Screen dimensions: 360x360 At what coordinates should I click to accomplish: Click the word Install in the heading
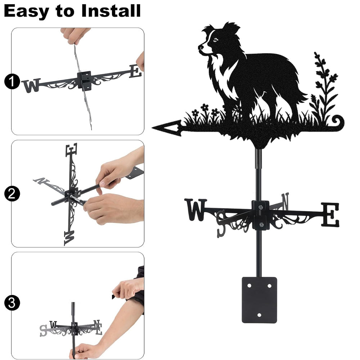[x=111, y=11]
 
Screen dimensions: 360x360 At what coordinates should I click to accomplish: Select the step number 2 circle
[x=12, y=194]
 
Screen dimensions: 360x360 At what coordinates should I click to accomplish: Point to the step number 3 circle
[x=12, y=303]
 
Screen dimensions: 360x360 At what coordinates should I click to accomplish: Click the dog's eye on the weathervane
[x=215, y=40]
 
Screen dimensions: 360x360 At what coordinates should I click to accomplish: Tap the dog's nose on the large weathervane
[x=200, y=47]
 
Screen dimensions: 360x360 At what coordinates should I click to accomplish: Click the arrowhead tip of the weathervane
[x=152, y=127]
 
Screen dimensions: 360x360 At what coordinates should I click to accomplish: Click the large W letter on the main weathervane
[x=195, y=210]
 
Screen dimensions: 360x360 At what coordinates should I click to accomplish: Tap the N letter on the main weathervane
[x=285, y=201]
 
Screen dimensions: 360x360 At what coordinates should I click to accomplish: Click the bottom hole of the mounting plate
[x=259, y=315]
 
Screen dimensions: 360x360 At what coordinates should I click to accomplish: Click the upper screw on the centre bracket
[x=260, y=208]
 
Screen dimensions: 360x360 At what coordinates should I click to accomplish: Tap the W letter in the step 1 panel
[x=32, y=85]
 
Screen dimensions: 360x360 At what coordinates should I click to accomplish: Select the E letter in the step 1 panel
[x=135, y=71]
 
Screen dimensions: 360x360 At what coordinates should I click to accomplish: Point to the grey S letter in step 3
[x=43, y=330]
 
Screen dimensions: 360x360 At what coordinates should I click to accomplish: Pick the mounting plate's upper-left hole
[x=249, y=286]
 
